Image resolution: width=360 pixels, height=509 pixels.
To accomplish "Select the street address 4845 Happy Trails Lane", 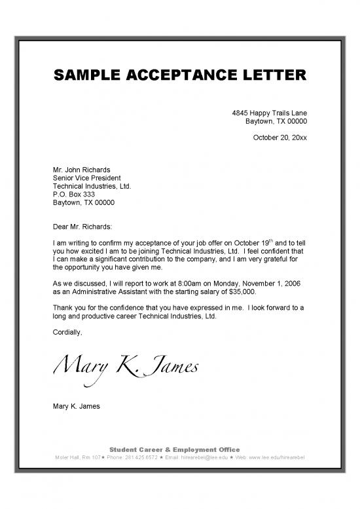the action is (270, 113).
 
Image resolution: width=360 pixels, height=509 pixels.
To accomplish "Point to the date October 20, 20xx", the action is (279, 138).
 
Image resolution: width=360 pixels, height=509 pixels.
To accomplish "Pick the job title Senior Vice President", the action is (86, 178).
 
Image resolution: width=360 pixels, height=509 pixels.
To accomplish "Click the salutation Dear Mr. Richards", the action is (82, 227).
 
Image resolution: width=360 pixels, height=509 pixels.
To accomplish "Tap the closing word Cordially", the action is (67, 332).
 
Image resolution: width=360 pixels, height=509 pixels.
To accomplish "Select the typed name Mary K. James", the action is (76, 406).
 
